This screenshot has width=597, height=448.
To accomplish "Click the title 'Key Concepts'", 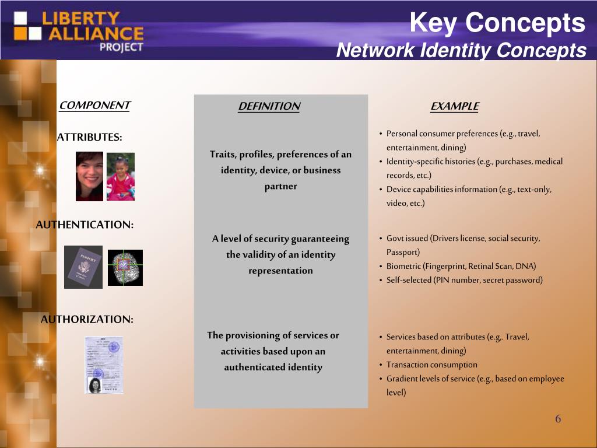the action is pos(497,23).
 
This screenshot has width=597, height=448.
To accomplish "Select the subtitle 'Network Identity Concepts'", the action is pos(461,51).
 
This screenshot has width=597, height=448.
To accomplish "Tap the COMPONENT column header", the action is pos(94,106).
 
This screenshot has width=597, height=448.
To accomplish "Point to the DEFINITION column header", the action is pos(269,106).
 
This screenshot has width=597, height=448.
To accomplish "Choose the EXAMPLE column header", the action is pos(454,106).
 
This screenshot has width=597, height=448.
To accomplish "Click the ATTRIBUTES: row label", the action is pos(89,138).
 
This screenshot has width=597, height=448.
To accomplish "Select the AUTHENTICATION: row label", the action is pos(85,225).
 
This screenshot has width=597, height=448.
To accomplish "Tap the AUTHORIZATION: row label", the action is pos(87,320).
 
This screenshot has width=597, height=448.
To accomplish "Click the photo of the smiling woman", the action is pos(89,176).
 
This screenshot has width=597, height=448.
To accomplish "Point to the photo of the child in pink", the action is pos(121,177).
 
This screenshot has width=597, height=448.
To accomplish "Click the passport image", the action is pos(83,267).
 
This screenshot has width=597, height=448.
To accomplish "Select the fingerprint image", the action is pos(125,268).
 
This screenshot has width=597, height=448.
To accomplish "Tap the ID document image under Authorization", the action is pos(104,365).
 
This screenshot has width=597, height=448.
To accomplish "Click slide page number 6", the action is pos(558,419).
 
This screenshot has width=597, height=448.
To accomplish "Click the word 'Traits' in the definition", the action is pos(222,155).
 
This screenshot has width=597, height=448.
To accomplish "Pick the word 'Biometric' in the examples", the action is pos(403,267).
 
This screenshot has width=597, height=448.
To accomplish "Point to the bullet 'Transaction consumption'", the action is pos(431,365).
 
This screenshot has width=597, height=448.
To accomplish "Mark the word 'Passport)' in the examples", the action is pos(403,252).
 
